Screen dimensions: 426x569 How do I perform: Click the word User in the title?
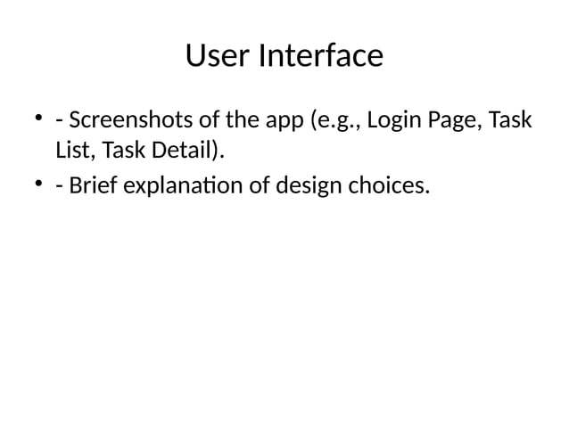218,56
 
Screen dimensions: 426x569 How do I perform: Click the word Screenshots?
131,119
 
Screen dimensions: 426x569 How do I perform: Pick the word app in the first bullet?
276,120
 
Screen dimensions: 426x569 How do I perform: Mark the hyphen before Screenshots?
58,120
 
